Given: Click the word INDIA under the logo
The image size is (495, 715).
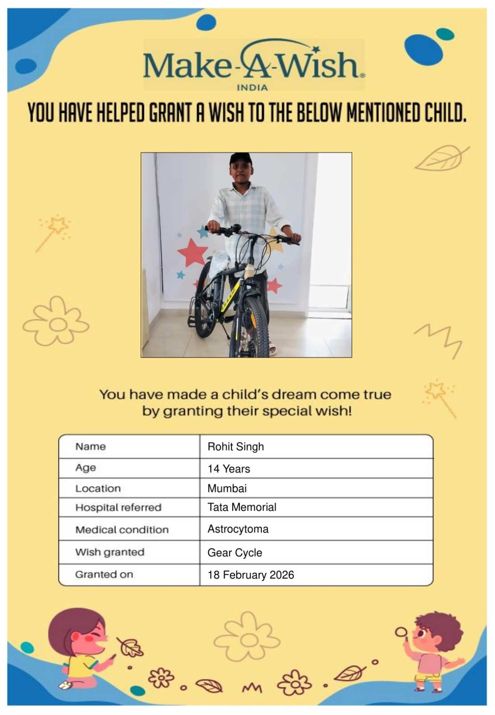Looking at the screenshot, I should pyautogui.click(x=252, y=88).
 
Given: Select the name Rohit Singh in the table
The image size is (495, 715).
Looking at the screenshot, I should pyautogui.click(x=235, y=446).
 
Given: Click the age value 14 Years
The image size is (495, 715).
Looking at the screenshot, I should pyautogui.click(x=228, y=469).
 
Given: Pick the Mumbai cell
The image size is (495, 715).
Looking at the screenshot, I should pyautogui.click(x=227, y=488).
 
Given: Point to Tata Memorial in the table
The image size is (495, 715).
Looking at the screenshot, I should pyautogui.click(x=242, y=507).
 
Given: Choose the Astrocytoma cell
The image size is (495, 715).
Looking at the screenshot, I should pyautogui.click(x=238, y=529).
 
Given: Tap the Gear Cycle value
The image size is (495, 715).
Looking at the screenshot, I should pyautogui.click(x=235, y=553).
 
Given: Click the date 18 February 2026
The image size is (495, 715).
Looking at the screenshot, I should pyautogui.click(x=251, y=575).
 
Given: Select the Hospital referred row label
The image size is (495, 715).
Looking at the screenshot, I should pyautogui.click(x=118, y=508).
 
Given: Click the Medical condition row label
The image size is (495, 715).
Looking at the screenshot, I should pyautogui.click(x=122, y=530).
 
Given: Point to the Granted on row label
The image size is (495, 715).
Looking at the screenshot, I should pyautogui.click(x=104, y=575).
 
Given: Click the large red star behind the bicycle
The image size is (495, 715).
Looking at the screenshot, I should pyautogui.click(x=193, y=253).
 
